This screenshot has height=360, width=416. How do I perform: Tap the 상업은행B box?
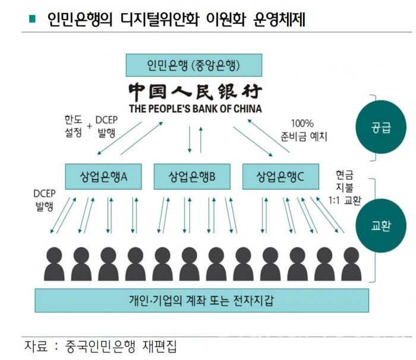(x=191, y=176)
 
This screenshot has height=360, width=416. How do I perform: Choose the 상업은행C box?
(x=281, y=176)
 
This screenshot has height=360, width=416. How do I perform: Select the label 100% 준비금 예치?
(x=305, y=130)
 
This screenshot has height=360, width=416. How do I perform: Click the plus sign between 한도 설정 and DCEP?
(x=90, y=125)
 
